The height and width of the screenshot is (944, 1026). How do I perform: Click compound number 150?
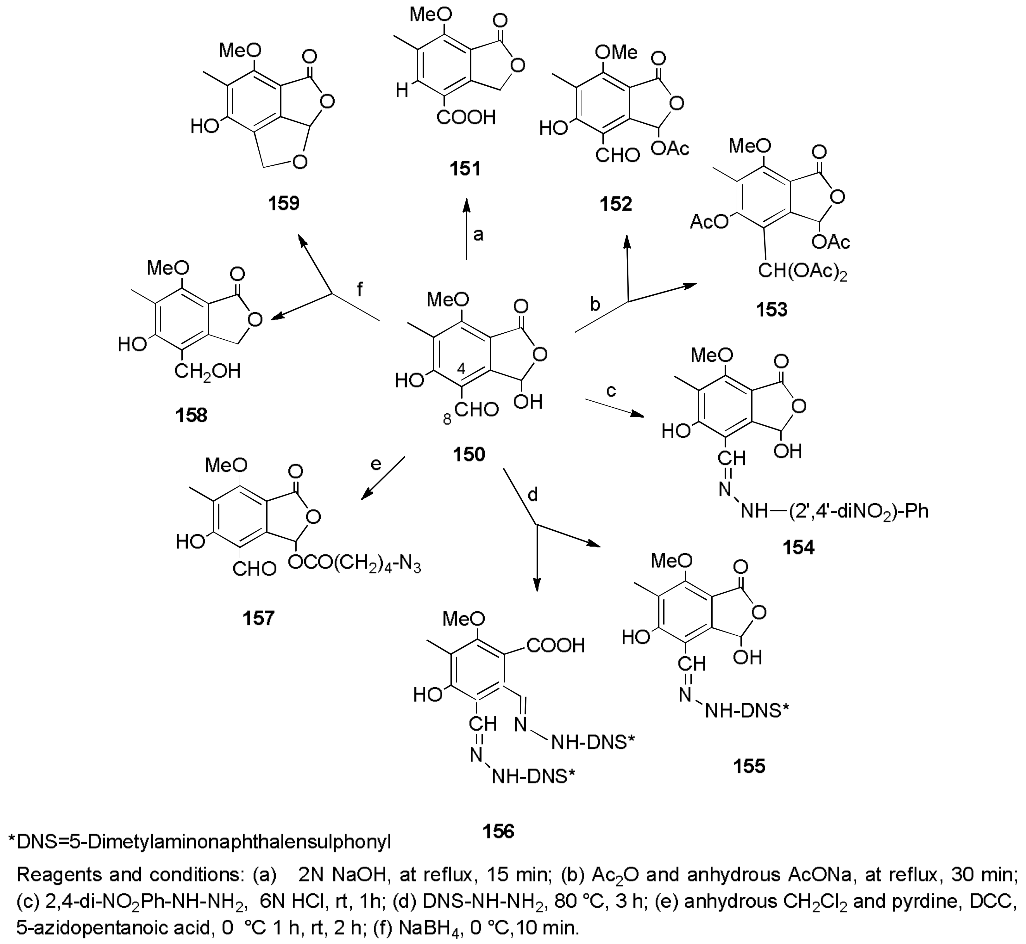tap(469, 453)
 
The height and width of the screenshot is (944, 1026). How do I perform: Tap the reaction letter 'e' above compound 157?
tap(376, 464)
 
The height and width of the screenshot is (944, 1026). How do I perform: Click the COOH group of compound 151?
tap(467, 118)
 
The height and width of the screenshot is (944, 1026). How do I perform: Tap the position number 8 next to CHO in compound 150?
tap(447, 419)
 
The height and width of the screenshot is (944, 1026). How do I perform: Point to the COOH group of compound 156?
tap(555, 645)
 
